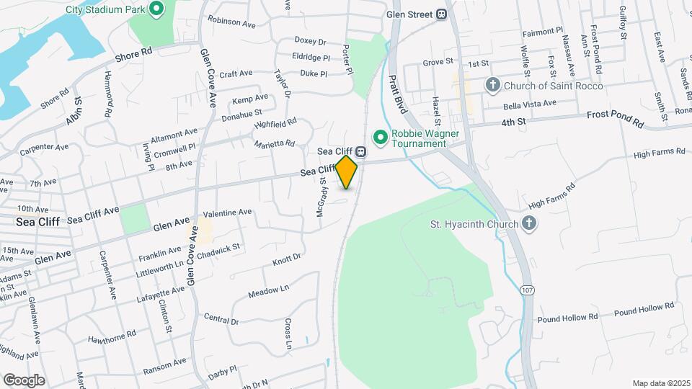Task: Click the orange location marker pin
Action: (347, 171)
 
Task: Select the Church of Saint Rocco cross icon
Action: (493, 86)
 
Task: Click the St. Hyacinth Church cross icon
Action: (528, 224)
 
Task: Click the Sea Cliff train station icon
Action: (360, 152)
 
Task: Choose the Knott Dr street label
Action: (287, 259)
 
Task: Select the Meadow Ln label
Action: (268, 292)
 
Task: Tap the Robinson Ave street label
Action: (231, 23)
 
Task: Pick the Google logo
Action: (24, 380)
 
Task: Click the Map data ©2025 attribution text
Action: (660, 383)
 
